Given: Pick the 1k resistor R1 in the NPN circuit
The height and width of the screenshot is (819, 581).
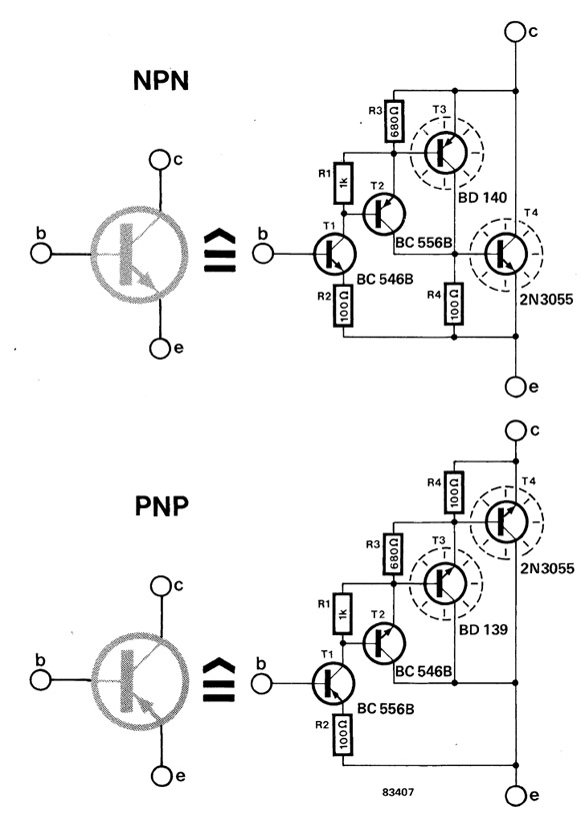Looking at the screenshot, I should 343,184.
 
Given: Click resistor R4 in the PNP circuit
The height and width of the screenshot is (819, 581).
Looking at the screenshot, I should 453,491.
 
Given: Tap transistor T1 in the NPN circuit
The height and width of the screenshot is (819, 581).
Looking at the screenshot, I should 333,256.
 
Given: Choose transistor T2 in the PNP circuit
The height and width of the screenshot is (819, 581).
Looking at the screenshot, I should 384,642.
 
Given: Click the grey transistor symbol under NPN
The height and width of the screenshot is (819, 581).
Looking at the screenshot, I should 132,256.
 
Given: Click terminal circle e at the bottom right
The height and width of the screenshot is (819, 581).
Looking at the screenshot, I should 514,795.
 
